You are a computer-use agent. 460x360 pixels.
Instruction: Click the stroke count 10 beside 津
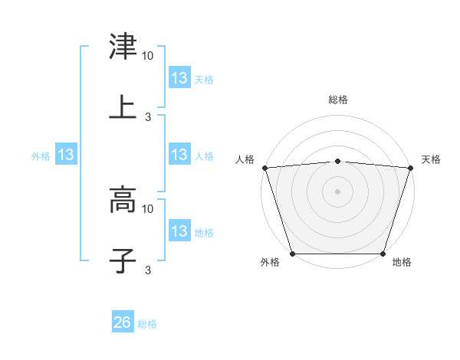(148, 57)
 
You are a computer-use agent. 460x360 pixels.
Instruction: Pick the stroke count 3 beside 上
(148, 116)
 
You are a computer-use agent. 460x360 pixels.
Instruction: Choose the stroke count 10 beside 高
(148, 208)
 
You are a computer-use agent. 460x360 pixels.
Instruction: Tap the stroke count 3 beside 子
(148, 270)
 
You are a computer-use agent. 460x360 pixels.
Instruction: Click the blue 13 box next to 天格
(179, 78)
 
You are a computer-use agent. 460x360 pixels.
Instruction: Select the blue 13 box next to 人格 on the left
(179, 155)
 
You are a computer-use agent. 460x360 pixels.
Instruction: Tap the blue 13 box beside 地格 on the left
(179, 231)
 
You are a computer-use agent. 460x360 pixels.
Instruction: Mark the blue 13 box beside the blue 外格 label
(66, 155)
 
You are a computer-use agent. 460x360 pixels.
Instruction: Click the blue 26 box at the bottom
(123, 323)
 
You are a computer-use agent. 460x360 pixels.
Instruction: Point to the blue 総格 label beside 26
(147, 324)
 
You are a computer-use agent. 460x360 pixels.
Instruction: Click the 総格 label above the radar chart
(338, 100)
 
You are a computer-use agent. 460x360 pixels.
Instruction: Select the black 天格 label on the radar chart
(432, 159)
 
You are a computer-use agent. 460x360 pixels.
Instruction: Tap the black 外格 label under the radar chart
(270, 263)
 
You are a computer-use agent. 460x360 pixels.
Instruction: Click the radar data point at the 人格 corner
(264, 168)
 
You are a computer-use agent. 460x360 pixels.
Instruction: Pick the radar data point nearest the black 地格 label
(383, 254)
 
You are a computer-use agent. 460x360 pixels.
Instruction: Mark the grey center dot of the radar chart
(337, 191)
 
